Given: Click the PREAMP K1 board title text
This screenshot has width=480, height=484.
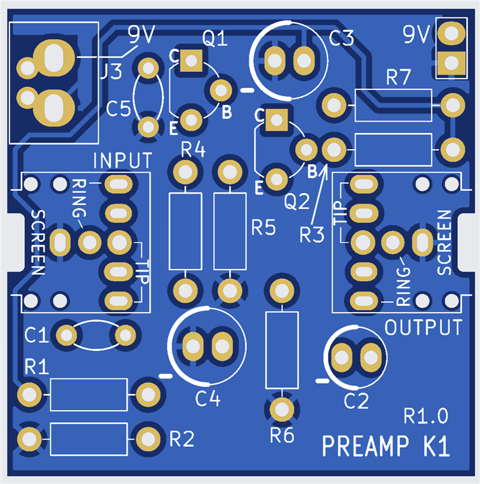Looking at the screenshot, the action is [386, 446].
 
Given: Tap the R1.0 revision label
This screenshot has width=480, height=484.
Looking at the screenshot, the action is [426, 416].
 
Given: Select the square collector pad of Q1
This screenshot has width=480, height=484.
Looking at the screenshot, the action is [191, 61].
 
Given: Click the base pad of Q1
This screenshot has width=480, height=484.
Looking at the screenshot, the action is [221, 90].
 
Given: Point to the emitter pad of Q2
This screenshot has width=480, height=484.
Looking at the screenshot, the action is [276, 179].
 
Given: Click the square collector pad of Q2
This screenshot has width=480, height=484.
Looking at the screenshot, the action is [276, 120].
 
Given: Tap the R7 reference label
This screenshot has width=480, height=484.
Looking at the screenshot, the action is [399, 77].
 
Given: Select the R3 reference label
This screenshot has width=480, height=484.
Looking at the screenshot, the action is [312, 235].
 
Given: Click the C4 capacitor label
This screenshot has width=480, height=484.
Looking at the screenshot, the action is [208, 399].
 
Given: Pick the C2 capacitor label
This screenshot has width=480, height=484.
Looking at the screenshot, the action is [356, 401].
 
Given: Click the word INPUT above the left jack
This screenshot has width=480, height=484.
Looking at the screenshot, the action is [122, 160].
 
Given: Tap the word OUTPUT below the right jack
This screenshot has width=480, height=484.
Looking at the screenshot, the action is [424, 327].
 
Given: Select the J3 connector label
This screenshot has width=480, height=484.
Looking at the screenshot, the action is [112, 72].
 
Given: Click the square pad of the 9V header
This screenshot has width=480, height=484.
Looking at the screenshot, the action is [451, 63].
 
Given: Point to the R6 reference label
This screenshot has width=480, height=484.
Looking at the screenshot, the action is [282, 436].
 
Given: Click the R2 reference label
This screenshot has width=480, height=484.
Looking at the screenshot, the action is [182, 438].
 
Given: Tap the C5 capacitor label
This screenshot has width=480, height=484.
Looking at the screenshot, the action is [118, 109].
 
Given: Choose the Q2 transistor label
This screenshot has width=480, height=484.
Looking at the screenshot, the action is [297, 201].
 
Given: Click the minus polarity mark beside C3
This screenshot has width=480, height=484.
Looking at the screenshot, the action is [247, 91].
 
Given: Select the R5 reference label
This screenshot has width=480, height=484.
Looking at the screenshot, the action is [264, 227].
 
